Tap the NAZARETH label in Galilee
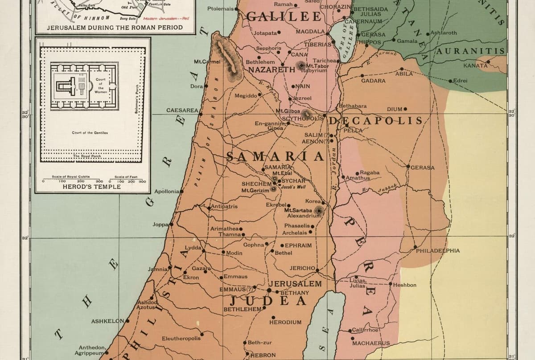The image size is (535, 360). pyautogui.click(x=272, y=70)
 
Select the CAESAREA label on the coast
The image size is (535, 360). pyautogui.click(x=182, y=110)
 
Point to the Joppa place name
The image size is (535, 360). pyautogui.click(x=160, y=225)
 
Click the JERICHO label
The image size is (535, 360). pyautogui.click(x=302, y=268)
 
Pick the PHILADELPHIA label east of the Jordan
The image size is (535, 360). pyautogui.click(x=437, y=251)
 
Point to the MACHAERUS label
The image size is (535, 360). pyautogui.click(x=371, y=343)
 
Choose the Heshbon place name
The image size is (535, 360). pyautogui.click(x=405, y=285)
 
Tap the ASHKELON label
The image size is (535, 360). pyautogui.click(x=107, y=321)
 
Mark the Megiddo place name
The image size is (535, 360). pyautogui.click(x=245, y=96)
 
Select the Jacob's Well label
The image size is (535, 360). pyautogui.click(x=292, y=188)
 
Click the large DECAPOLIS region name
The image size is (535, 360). pyautogui.click(x=375, y=120)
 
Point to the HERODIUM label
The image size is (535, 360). pyautogui.click(x=285, y=322)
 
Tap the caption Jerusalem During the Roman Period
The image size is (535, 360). pyautogui.click(x=115, y=28)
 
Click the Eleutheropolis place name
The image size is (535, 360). pyautogui.click(x=181, y=339)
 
